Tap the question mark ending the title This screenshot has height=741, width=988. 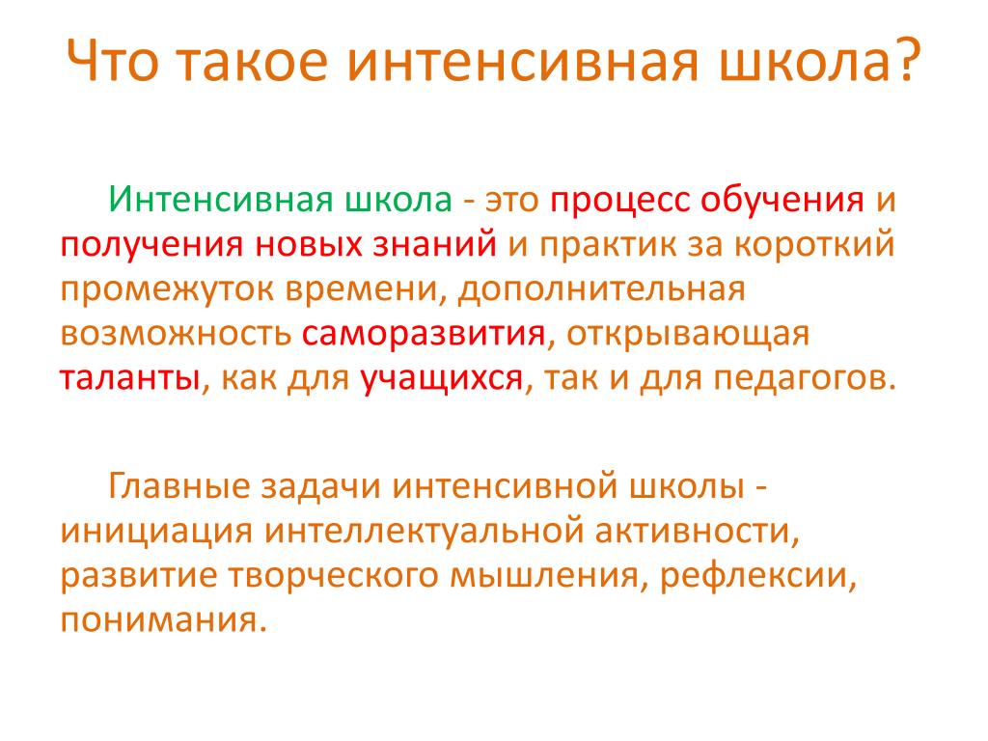(910, 60)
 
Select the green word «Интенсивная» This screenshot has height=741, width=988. (221, 200)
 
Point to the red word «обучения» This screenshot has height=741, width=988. (782, 202)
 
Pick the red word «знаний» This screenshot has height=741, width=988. (434, 245)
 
